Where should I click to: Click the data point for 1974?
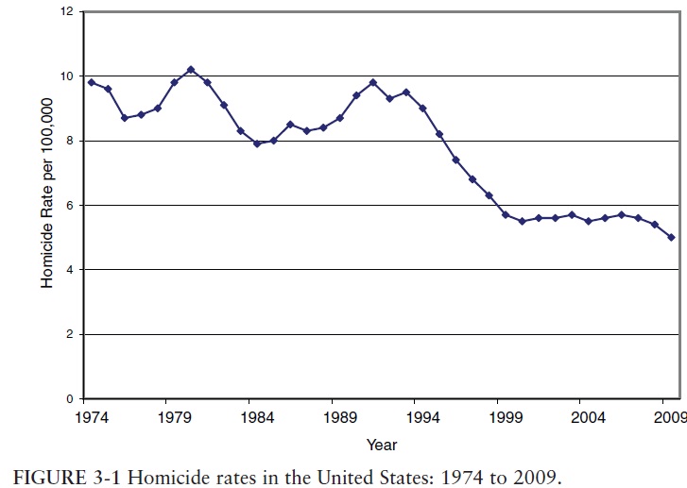point(91,82)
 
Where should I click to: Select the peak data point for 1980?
point(191,70)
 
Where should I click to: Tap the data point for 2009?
point(670,237)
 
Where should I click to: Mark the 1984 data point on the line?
point(256,143)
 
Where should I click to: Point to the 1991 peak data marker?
point(373,82)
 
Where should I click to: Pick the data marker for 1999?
point(506,214)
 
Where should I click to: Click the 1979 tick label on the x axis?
point(171,415)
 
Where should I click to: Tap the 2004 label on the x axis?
point(587,415)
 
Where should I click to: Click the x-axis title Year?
point(382,444)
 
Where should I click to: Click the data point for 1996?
point(455,160)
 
